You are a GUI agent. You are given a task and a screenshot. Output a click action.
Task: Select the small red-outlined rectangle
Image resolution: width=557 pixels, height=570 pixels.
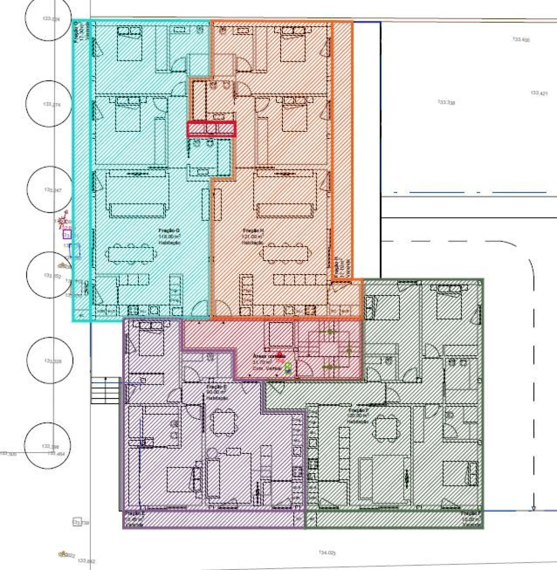point(211,129)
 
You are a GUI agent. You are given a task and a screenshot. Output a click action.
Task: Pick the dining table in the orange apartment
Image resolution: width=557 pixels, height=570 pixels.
point(285,253)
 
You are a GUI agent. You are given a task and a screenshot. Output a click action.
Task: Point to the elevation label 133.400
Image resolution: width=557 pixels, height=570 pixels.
point(521,40)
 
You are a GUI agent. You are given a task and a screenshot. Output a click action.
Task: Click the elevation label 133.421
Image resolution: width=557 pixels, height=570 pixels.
point(539,93)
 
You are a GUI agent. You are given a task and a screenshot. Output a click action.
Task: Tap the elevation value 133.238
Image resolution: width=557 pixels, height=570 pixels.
point(446,102)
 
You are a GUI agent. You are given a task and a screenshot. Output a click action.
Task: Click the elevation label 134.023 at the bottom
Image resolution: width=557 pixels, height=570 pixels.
point(327,553)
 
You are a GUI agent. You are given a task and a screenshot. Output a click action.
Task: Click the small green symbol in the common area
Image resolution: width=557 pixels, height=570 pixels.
point(288,369)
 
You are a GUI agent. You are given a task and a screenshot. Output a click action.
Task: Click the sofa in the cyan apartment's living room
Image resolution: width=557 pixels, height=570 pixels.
point(138,209)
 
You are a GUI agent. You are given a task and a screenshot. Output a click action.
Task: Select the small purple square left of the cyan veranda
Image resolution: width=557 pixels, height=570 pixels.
point(67,235)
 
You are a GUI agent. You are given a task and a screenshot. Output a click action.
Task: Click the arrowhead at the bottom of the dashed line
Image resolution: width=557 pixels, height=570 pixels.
point(533,509)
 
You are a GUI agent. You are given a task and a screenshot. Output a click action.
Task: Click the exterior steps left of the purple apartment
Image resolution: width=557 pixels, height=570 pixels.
point(105,391)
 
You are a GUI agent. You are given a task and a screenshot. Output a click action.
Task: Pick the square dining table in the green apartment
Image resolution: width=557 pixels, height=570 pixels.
point(386,428)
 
